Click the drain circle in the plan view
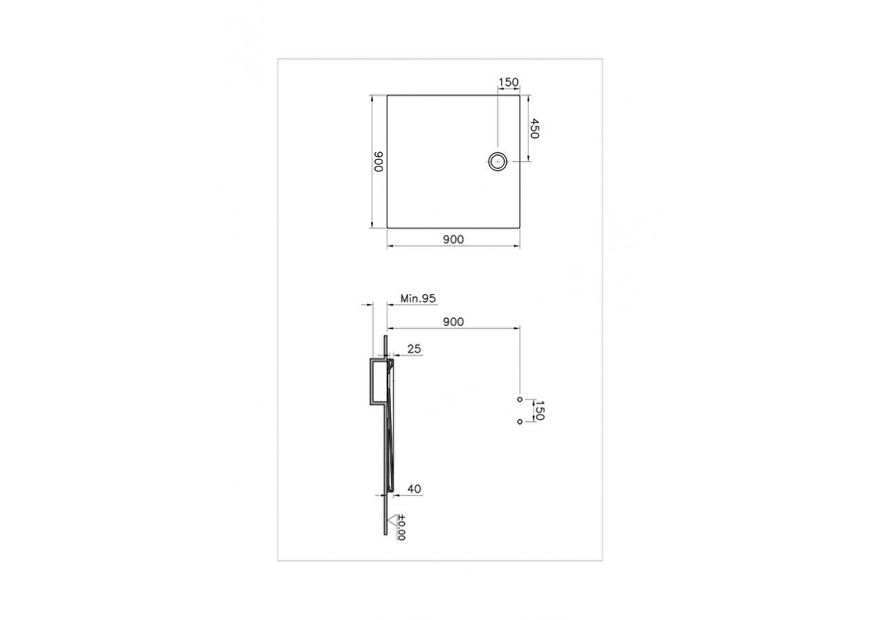pos(498,161)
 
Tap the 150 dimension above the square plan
pos(508,83)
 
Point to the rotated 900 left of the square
pos(378,161)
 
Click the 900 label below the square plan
pos(453,239)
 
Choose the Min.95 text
pos(418,298)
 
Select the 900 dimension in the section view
pos(453,322)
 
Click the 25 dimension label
pos(414,350)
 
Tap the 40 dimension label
pos(414,489)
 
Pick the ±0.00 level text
pos(401,528)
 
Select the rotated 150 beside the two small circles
pos(540,410)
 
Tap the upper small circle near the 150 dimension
pos(519,399)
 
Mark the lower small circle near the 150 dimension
pos(519,422)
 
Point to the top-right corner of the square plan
pos(520,95)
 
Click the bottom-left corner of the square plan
pos(387,228)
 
